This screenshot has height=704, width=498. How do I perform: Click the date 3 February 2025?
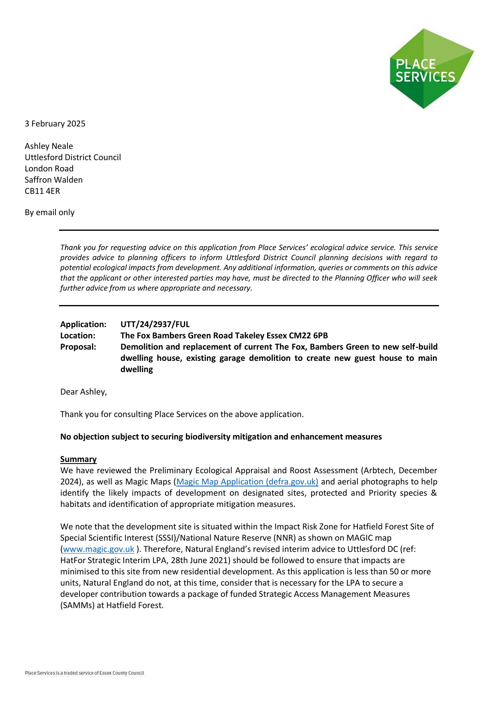(55, 124)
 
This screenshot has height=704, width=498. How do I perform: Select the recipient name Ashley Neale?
(49, 146)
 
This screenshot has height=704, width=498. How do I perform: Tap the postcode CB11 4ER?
(42, 191)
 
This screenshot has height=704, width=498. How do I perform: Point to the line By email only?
(49, 212)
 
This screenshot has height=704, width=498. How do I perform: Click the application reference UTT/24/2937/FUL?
(155, 324)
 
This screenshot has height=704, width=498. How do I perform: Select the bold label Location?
(78, 336)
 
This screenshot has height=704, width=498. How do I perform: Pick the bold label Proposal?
(78, 347)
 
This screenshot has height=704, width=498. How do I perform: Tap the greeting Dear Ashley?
(84, 392)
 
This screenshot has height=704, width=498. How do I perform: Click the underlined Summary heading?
(78, 459)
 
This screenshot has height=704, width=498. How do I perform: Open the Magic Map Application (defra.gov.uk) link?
(247, 482)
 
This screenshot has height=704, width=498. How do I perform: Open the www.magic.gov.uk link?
(98, 549)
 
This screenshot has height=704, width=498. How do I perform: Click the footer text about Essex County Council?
(84, 673)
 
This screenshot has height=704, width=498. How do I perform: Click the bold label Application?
(83, 324)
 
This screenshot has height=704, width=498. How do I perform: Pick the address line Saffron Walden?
(54, 180)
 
